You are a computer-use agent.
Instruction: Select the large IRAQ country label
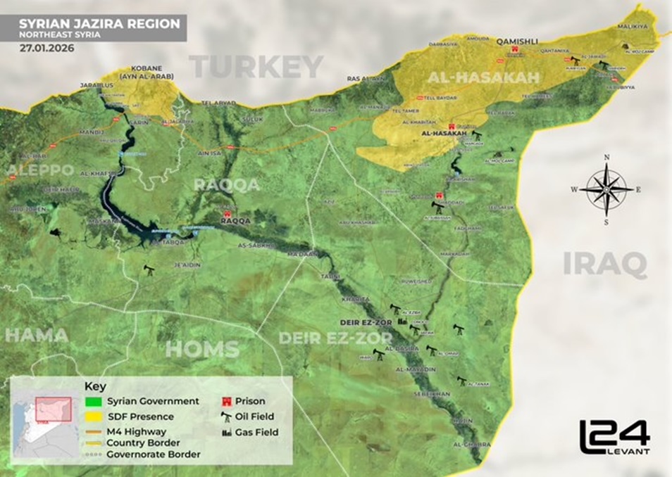coord(604,265)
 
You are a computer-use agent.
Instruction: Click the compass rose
coord(606,189)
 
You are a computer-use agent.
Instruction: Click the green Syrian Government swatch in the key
coord(92,401)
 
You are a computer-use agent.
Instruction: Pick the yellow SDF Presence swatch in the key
coord(92,416)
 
